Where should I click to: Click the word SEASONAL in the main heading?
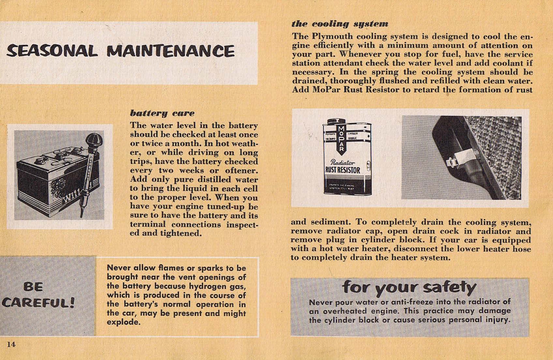click(52, 51)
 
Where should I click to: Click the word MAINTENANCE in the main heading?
click(170, 51)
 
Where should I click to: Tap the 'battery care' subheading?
click(162, 113)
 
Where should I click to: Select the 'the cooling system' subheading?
click(340, 24)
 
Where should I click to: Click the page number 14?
click(11, 344)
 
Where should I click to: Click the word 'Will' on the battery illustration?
click(71, 197)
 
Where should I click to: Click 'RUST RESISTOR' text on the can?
click(343, 170)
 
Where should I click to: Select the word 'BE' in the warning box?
click(34, 287)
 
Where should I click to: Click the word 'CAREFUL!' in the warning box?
click(38, 303)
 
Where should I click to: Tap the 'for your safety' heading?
click(409, 287)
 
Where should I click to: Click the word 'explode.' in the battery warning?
click(123, 322)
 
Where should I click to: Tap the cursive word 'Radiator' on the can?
click(342, 162)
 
